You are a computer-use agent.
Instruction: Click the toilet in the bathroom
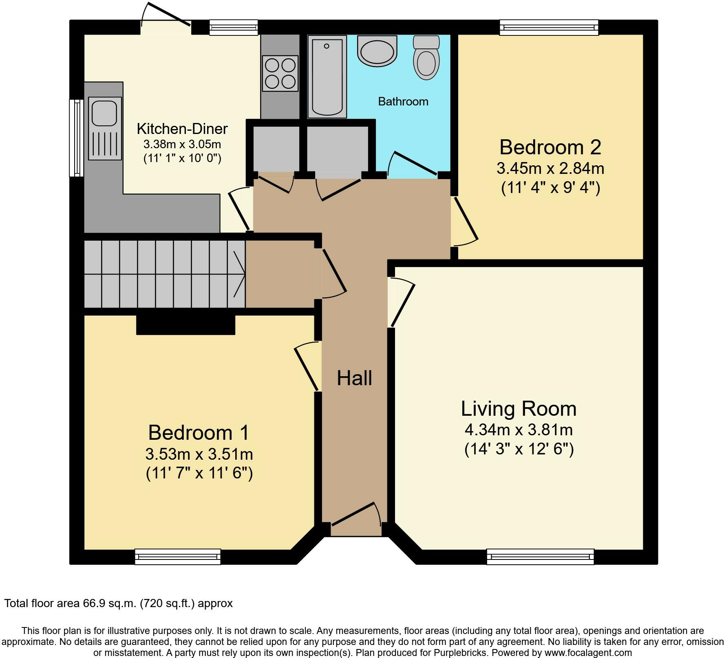[x=426, y=57]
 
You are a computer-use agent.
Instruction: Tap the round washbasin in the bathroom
[x=377, y=50]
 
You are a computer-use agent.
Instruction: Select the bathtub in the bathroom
[x=327, y=77]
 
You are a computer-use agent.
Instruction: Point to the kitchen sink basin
[x=105, y=113]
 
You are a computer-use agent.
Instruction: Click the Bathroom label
[x=403, y=101]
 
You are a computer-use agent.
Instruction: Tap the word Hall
[x=354, y=378]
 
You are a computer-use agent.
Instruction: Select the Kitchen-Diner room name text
[x=182, y=129]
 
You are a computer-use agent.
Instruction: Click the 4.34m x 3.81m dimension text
[x=519, y=430]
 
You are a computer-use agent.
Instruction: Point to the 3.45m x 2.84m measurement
[x=550, y=168]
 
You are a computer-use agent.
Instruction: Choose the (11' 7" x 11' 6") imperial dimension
[x=199, y=473]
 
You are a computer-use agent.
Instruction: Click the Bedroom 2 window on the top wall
[x=549, y=28]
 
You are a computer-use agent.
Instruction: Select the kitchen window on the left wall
[x=77, y=138]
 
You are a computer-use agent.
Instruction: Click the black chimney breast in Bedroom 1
[x=185, y=325]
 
